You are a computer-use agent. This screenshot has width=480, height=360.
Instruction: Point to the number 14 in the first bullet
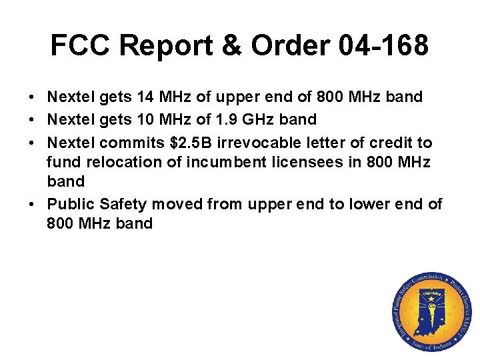145,97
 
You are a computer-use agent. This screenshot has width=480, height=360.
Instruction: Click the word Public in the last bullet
68,204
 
